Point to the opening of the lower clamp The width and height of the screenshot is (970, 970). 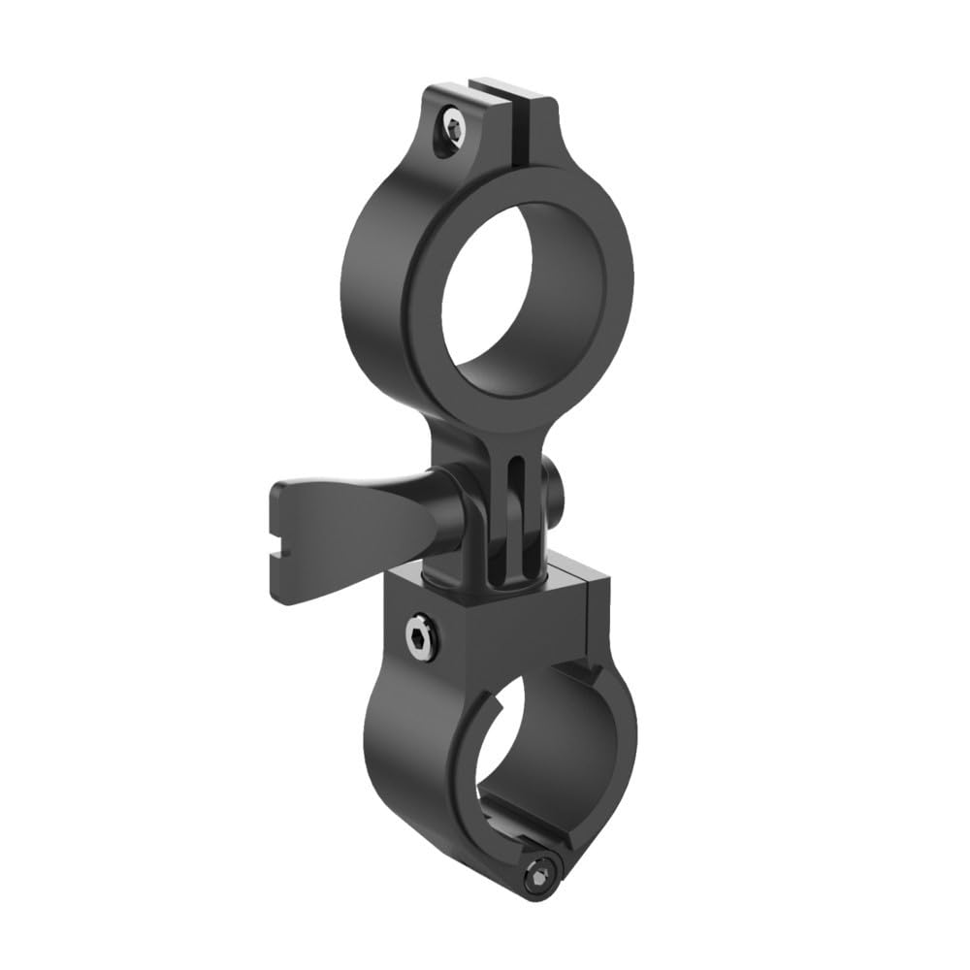click(504, 747)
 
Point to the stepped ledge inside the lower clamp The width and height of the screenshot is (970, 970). click(524, 824)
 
